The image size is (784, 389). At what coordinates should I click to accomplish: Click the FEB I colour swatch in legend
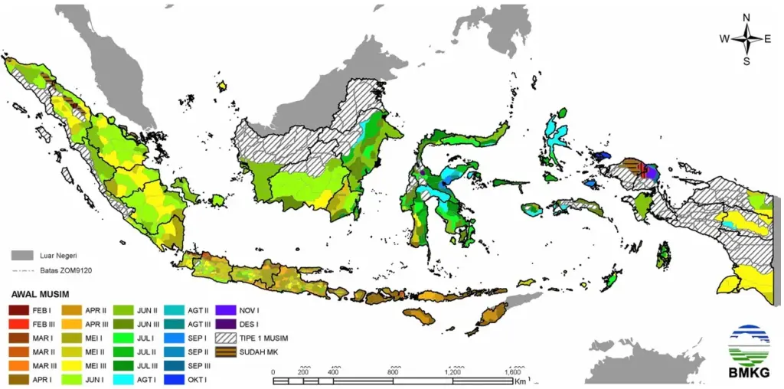tap(19, 310)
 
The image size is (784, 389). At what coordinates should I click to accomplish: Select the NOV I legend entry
tap(230, 310)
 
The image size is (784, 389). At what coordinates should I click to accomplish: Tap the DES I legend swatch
tap(230, 324)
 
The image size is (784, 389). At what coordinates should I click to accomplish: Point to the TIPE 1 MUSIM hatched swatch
tap(230, 338)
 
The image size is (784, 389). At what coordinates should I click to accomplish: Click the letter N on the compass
tap(746, 18)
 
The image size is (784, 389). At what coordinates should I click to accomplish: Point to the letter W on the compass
tap(724, 39)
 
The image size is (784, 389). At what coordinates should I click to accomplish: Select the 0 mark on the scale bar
tap(274, 371)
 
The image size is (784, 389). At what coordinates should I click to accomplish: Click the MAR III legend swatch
tap(19, 365)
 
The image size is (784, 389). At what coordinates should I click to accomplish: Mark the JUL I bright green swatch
tap(125, 338)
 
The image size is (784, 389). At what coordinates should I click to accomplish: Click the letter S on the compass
tap(746, 61)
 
